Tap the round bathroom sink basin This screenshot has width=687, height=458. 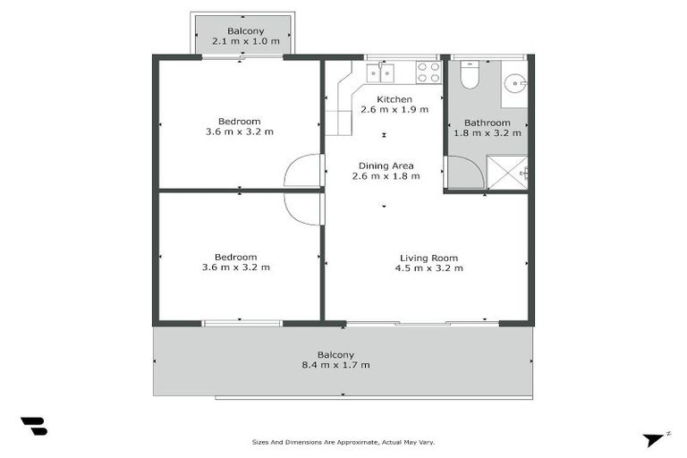click(x=513, y=85)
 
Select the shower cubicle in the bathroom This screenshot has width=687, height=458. click(x=506, y=172)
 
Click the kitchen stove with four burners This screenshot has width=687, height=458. click(x=429, y=72)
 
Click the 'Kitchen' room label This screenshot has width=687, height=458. click(x=394, y=99)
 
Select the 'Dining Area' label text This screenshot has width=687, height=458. click(x=385, y=165)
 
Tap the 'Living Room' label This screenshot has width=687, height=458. click(x=428, y=259)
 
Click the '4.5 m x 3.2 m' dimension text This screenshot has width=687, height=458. click(x=428, y=268)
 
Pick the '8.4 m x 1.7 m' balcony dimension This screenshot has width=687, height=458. click(x=335, y=365)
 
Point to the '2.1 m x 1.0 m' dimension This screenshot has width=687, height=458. click(x=245, y=41)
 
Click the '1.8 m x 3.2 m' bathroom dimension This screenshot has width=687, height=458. click(x=488, y=133)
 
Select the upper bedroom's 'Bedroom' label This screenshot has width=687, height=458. click(x=239, y=122)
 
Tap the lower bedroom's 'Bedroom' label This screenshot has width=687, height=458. click(x=236, y=257)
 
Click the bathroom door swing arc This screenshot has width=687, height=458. click(x=462, y=171)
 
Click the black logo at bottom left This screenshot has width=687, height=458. click(x=33, y=427)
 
